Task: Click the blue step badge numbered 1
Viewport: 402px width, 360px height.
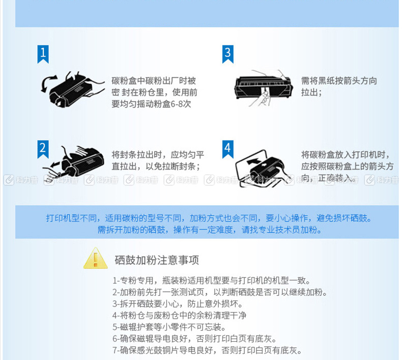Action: (43, 53)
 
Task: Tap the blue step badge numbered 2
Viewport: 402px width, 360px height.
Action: (43, 149)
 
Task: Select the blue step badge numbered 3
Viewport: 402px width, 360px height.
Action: (227, 53)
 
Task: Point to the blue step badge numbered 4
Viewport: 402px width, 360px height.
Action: (227, 149)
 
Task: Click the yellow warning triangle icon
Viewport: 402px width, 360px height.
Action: (95, 259)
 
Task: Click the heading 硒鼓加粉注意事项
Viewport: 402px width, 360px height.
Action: (157, 260)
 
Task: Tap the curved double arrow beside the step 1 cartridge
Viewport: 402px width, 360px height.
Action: (48, 84)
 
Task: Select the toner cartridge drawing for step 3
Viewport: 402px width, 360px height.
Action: (263, 88)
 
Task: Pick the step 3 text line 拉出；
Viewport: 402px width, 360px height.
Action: (311, 92)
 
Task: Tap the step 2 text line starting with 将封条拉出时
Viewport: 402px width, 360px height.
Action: (158, 155)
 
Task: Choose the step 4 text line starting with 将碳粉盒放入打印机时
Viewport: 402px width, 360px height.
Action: (346, 155)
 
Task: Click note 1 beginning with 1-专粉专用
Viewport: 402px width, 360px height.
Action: (211, 281)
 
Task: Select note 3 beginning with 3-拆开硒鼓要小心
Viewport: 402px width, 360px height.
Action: (178, 304)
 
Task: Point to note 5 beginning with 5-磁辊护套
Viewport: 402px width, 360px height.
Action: (169, 327)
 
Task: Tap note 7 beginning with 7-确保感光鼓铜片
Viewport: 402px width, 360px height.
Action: (207, 350)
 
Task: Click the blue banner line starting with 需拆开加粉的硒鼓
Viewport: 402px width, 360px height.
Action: (210, 230)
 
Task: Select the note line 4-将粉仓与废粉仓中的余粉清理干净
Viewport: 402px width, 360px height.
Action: (179, 315)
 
